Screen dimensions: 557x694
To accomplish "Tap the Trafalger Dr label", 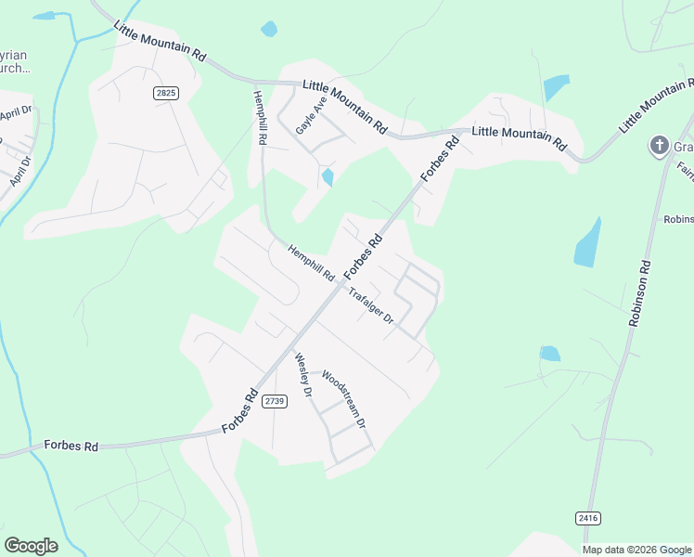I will (x=371, y=306).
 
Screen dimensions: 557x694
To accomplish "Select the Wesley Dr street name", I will (x=302, y=375).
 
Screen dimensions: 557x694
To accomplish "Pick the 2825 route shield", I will (x=166, y=93).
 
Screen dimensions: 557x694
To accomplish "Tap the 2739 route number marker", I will (x=273, y=401).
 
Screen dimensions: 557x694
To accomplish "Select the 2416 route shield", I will (x=586, y=517).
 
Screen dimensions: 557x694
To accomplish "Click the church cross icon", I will (x=659, y=146).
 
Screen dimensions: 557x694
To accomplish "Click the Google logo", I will (x=31, y=546).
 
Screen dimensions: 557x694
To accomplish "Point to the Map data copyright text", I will (x=636, y=550).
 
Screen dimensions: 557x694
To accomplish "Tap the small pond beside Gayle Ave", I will (x=327, y=176).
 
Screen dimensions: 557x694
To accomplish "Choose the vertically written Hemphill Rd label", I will (x=262, y=116).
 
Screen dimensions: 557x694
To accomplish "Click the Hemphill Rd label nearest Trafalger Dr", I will (x=311, y=263).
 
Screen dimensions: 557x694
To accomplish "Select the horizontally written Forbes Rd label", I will (x=71, y=447).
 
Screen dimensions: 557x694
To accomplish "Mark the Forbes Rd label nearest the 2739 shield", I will (x=239, y=411).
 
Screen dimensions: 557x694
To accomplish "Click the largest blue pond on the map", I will (x=587, y=243).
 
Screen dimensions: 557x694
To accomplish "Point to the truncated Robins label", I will (x=678, y=220).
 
